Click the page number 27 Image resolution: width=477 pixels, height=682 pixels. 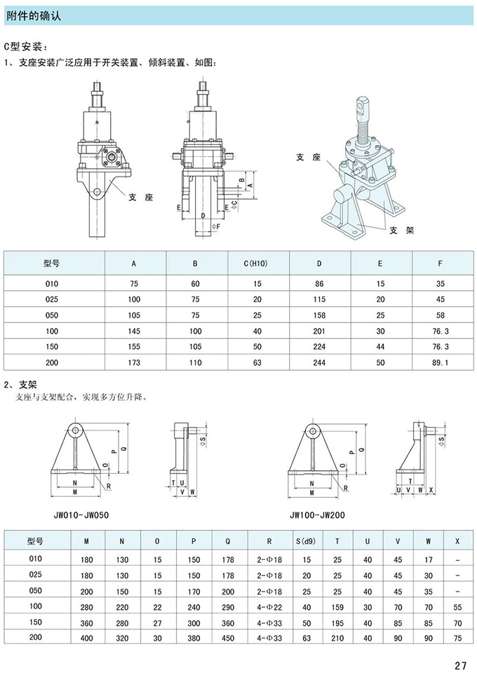pyautogui.click(x=460, y=665)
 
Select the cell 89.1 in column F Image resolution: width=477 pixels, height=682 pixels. pyautogui.click(x=440, y=363)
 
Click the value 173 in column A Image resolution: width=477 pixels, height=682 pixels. pyautogui.click(x=134, y=363)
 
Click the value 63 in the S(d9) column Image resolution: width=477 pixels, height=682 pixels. pyautogui.click(x=307, y=638)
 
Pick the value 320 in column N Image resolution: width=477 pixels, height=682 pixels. pyautogui.click(x=123, y=638)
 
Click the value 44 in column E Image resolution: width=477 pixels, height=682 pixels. pyautogui.click(x=380, y=347)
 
